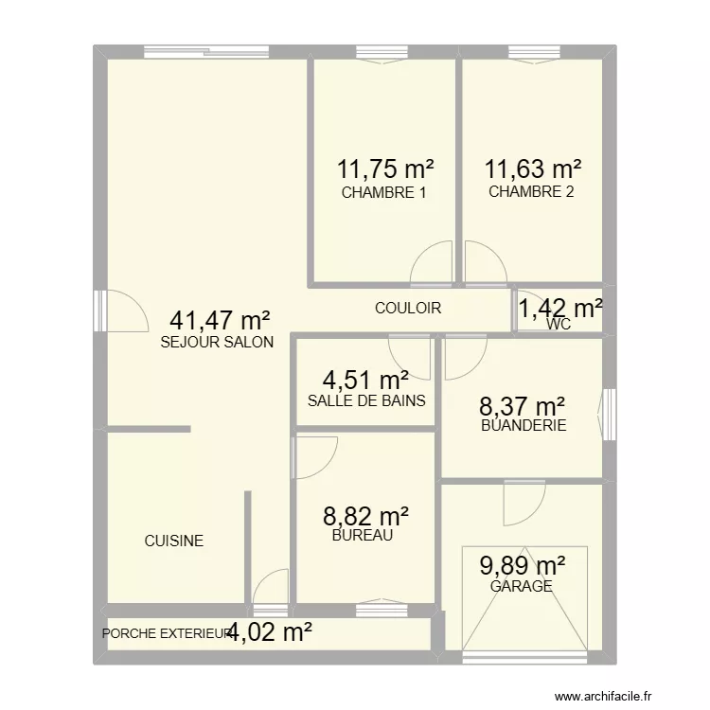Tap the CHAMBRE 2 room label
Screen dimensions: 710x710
pos(531,192)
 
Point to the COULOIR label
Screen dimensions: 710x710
pos(408,308)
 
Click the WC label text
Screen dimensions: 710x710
pos(559,325)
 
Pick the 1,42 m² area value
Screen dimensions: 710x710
pos(560,308)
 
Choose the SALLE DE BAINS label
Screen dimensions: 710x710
pos(366,400)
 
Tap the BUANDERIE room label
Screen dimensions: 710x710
pos(523,425)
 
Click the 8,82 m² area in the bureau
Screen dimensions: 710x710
pos(366,516)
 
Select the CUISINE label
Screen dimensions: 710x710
pos(173,541)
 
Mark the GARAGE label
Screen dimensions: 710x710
pos(522,586)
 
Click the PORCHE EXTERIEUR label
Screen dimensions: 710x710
pos(166,633)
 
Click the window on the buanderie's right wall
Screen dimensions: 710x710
pos(607,409)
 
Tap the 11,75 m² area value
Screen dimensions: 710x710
pos(385,169)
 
